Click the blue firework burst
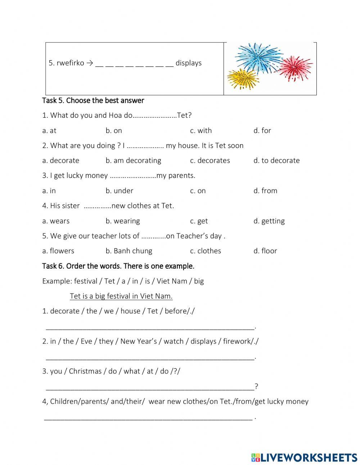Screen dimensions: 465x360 click(258, 58)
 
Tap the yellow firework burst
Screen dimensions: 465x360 click(243, 79)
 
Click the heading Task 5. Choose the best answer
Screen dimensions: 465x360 click(93, 100)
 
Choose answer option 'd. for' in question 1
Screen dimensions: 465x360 click(262, 130)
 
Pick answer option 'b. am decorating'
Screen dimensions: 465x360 click(133, 161)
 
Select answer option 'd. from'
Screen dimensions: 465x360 click(265, 191)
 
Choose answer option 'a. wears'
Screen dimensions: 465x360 click(56, 221)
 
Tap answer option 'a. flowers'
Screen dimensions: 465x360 click(58, 251)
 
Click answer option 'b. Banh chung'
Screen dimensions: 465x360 click(129, 251)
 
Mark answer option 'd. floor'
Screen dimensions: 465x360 click(265, 251)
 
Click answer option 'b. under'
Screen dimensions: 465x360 click(119, 191)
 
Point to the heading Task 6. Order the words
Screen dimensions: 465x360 click(118, 266)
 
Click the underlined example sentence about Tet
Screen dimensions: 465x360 click(121, 296)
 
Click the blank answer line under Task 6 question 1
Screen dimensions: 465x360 click(149, 327)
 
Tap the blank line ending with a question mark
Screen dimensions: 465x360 click(149, 387)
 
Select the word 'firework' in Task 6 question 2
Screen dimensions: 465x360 click(237, 341)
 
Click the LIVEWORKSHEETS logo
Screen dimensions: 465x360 click(304, 457)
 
